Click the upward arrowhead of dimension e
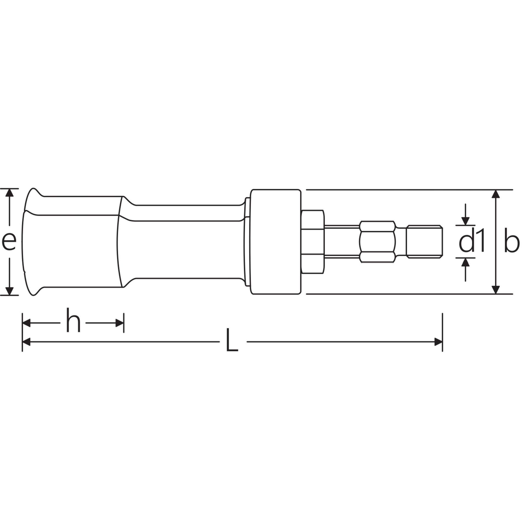tap(10, 193)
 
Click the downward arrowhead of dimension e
tap(10, 291)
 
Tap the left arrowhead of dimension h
tap(26, 323)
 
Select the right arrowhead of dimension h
tap(120, 323)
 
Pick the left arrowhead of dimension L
tap(26, 342)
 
